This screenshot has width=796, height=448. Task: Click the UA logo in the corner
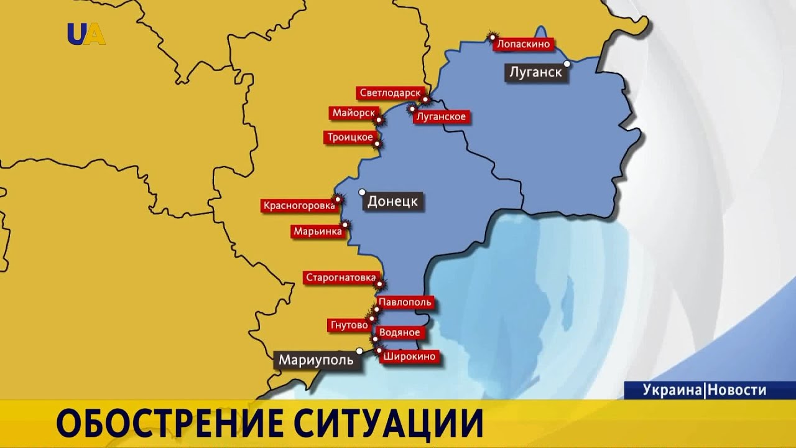coord(86,34)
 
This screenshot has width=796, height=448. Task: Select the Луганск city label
coord(535,72)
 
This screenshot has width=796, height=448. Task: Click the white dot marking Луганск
coord(567,63)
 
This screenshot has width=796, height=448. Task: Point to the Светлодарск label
coord(389,93)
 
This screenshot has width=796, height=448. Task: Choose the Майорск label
coord(353,113)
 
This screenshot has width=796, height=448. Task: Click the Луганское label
coord(440,116)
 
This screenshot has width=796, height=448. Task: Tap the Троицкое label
coord(348,137)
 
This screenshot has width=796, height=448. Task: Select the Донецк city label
coord(393,202)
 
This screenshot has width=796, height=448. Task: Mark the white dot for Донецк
coord(362,192)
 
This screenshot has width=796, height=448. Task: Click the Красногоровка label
coord(298,205)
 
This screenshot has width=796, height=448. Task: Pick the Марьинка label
coord(317,231)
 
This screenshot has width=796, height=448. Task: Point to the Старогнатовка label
coord(341,278)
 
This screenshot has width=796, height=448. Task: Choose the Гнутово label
coord(347,325)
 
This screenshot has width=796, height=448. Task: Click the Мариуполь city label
coord(316,360)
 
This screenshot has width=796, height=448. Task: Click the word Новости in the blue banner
coord(737,390)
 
